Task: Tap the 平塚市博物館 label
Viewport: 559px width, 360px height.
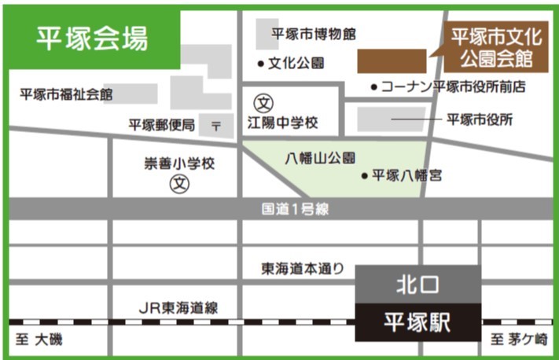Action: pos(314,34)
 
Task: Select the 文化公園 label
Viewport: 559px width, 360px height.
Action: pos(296,63)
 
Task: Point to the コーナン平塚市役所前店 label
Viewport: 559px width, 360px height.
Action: pos(453,86)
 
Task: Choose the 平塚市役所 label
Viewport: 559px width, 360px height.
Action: pos(480,119)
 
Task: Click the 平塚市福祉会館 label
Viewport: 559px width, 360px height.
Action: pos(66,95)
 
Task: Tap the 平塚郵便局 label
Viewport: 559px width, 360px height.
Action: pos(162,124)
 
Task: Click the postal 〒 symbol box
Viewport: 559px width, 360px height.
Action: pos(216,125)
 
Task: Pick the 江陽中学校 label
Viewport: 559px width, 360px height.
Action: pos(282,123)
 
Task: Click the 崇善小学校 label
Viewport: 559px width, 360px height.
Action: pos(178,164)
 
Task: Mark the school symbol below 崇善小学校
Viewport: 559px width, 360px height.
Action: pos(180,184)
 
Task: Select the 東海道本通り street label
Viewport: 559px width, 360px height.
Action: pos(303,269)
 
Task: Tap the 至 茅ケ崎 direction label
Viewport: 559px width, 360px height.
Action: pos(519,340)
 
